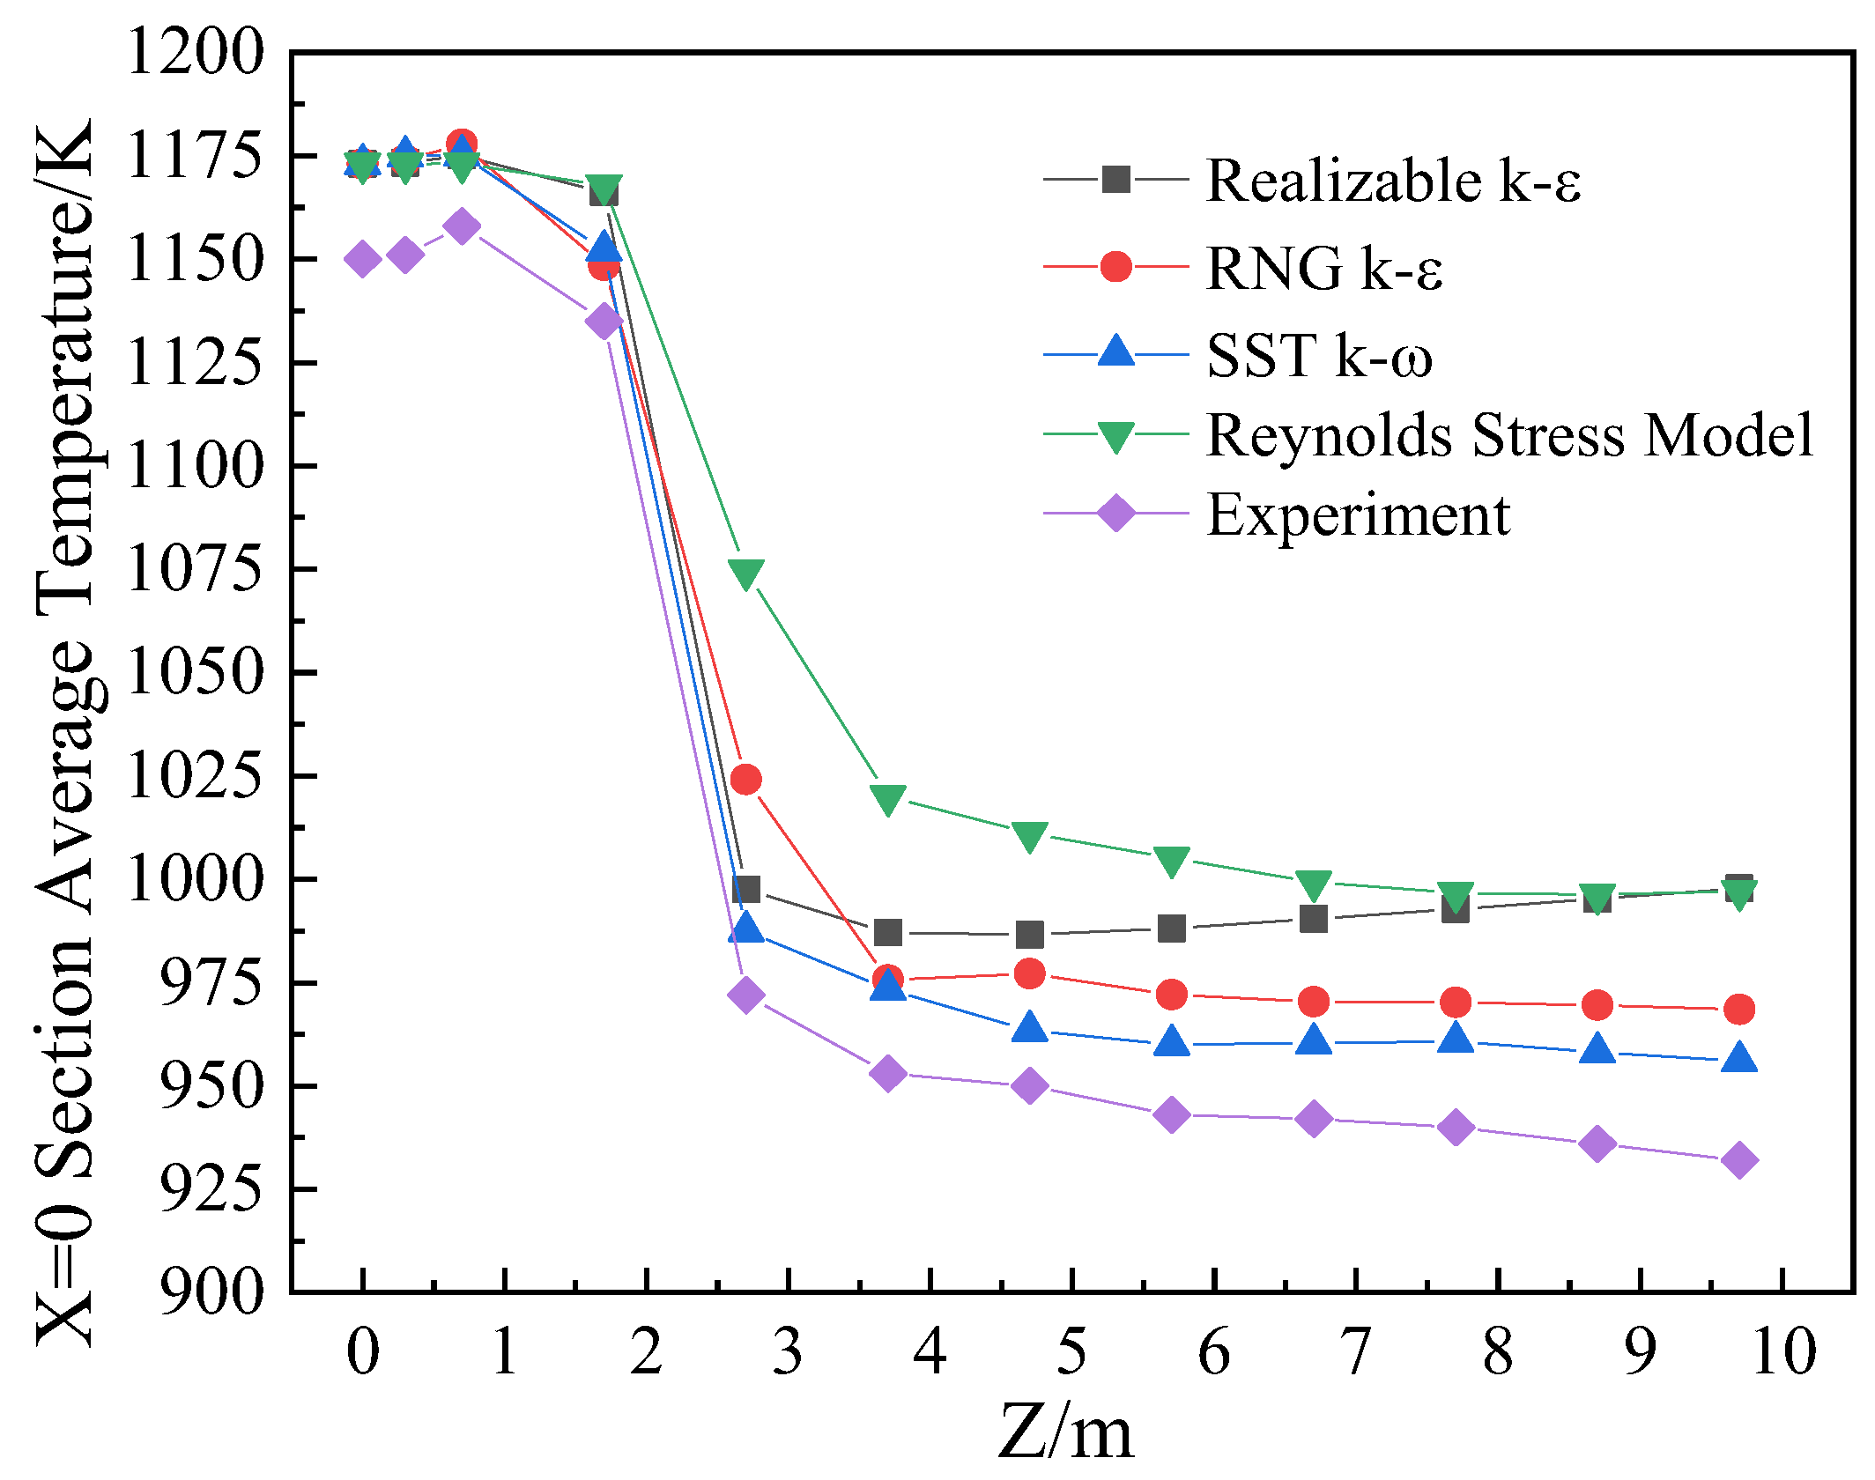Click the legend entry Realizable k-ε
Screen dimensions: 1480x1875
[x=1392, y=181]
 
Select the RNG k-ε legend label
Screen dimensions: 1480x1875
[x=1323, y=267]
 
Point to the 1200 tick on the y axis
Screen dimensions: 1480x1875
[x=195, y=51]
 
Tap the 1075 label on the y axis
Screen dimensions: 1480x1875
[x=195, y=569]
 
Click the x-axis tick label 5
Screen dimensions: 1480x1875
[x=1071, y=1351]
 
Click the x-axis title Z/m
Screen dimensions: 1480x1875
[x=1065, y=1432]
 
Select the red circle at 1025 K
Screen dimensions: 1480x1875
[x=745, y=780]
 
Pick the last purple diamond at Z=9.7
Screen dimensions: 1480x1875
[x=1738, y=1160]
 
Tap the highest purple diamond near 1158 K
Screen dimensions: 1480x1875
[x=461, y=226]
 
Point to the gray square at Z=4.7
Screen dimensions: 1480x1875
[x=1029, y=934]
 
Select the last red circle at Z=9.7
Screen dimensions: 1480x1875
[x=1738, y=1009]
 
